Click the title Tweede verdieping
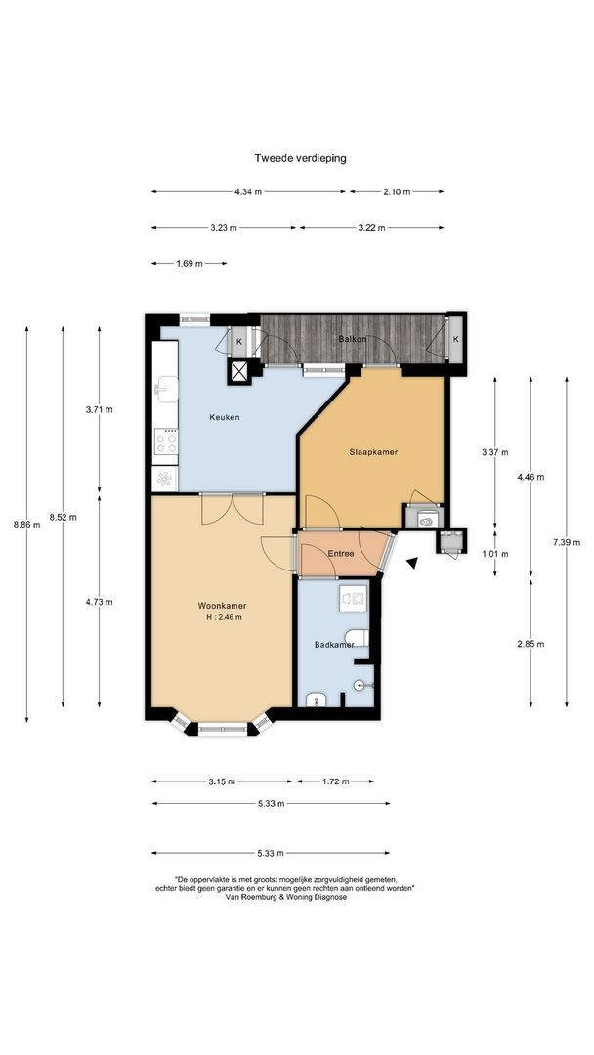point(300,159)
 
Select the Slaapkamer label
point(372,452)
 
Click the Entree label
point(341,554)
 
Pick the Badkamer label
point(334,645)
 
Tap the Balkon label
point(353,339)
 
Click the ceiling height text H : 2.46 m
point(225,617)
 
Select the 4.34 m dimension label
point(248,191)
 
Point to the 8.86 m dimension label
point(27,525)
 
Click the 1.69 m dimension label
point(190,263)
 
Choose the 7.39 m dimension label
point(567,542)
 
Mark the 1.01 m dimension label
point(495,554)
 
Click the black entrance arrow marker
point(411,564)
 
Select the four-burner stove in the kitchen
point(165,443)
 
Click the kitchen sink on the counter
point(165,388)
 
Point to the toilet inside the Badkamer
point(357,637)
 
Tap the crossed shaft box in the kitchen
point(238,371)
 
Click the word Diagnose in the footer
point(329,897)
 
